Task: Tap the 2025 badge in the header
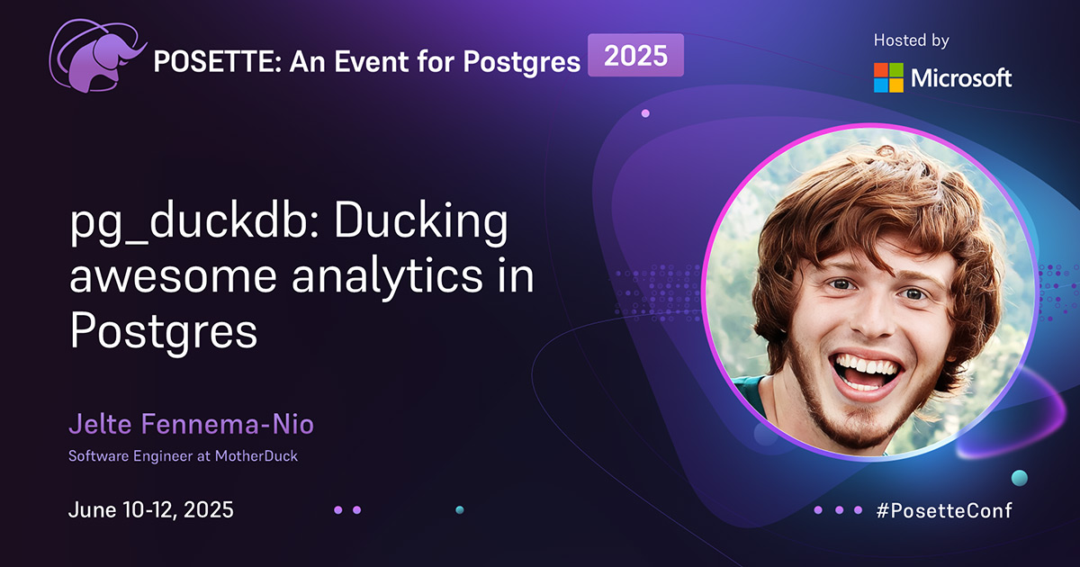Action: (x=635, y=56)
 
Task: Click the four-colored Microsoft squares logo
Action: (x=888, y=77)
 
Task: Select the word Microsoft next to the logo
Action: (x=961, y=77)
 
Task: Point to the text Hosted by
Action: (x=911, y=40)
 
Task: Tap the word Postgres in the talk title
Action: (x=164, y=331)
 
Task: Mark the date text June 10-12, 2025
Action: (x=151, y=509)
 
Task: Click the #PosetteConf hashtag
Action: (x=944, y=510)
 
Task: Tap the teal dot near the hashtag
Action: (x=1019, y=477)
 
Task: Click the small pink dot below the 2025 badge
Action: (x=645, y=113)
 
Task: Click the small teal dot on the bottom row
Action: (x=460, y=509)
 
